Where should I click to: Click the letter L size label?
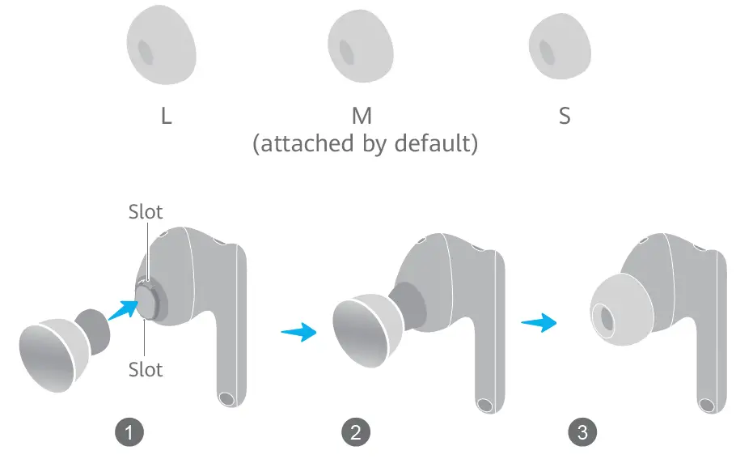click(166, 116)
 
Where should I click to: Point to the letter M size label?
click(362, 116)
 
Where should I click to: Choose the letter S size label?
click(565, 116)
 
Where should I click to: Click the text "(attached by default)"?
click(365, 145)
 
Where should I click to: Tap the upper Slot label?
click(146, 212)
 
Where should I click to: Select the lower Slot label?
click(146, 369)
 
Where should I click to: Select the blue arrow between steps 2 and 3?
click(539, 322)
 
